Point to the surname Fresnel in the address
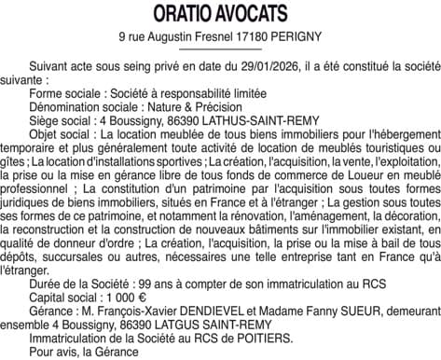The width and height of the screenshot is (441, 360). click(215, 36)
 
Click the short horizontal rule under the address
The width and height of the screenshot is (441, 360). click(220, 49)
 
